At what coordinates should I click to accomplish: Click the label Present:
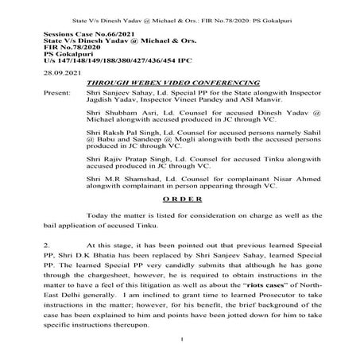pos(53,91)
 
